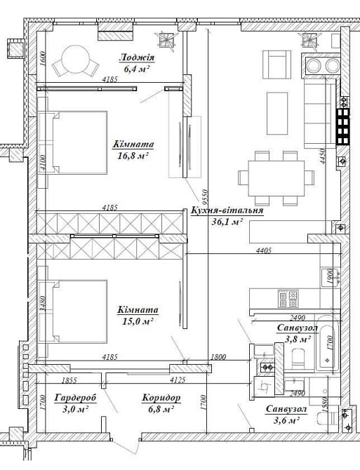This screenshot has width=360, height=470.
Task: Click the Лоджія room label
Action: click(137, 58)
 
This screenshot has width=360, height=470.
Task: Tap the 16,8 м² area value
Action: click(133, 156)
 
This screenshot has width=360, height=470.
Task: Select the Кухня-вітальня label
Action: click(227, 210)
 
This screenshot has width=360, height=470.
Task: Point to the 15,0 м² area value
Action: click(138, 321)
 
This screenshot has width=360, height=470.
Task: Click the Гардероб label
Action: click(76, 398)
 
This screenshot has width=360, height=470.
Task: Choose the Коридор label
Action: click(161, 398)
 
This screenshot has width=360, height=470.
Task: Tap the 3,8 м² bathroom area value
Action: click(298, 340)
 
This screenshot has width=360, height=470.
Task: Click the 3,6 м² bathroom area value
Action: click(287, 420)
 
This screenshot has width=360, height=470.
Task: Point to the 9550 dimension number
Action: click(205, 195)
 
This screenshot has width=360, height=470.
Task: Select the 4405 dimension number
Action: click(264, 250)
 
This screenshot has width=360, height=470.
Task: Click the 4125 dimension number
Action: click(178, 380)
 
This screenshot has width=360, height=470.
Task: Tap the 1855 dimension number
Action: click(69, 380)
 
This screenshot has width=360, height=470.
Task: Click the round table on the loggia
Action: click(76, 59)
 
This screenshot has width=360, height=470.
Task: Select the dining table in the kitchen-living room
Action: click(276, 178)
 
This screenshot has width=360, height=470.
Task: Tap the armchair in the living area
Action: click(276, 65)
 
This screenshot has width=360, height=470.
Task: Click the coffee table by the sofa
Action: click(277, 114)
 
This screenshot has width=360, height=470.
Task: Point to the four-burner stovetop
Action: click(288, 299)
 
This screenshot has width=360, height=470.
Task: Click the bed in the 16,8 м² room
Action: click(73, 142)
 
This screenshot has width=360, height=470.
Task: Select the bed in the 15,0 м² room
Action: click(73, 311)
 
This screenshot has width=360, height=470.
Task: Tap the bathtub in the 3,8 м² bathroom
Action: click(326, 344)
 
